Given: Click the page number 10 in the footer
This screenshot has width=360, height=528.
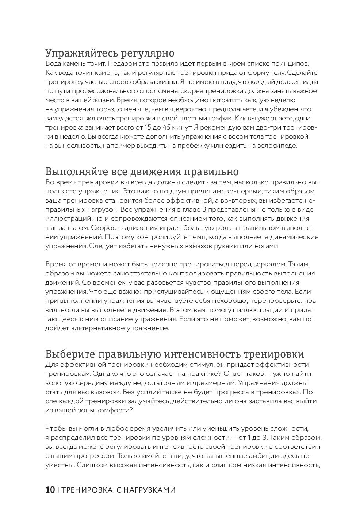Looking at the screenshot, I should click(x=50, y=490).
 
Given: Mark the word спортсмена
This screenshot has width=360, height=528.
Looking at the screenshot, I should click(x=160, y=91).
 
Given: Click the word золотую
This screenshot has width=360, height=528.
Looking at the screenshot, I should click(x=59, y=383).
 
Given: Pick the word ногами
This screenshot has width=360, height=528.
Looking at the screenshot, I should click(x=267, y=246).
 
